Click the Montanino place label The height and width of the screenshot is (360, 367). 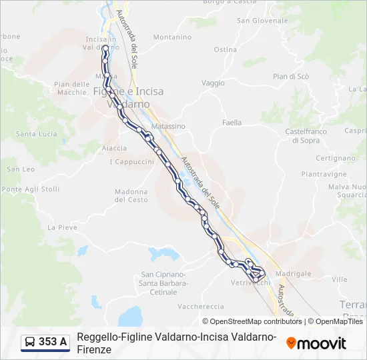click(172, 37)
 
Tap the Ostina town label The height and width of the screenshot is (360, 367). click(226, 49)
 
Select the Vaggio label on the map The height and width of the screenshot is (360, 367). click(213, 83)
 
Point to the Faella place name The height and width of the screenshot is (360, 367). click(232, 123)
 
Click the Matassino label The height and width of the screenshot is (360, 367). click(168, 126)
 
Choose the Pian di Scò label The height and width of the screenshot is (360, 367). click(291, 77)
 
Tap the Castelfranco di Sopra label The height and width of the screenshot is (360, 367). click(306, 136)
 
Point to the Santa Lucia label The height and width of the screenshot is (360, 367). click(37, 134)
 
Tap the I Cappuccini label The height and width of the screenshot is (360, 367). click(131, 162)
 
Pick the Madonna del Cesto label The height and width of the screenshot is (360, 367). click(131, 195)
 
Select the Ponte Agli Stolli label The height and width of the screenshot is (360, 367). click(31, 189)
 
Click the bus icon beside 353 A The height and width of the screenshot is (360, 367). click(30, 342)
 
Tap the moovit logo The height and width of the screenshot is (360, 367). click(316, 343)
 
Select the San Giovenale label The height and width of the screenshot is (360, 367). click(257, 21)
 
